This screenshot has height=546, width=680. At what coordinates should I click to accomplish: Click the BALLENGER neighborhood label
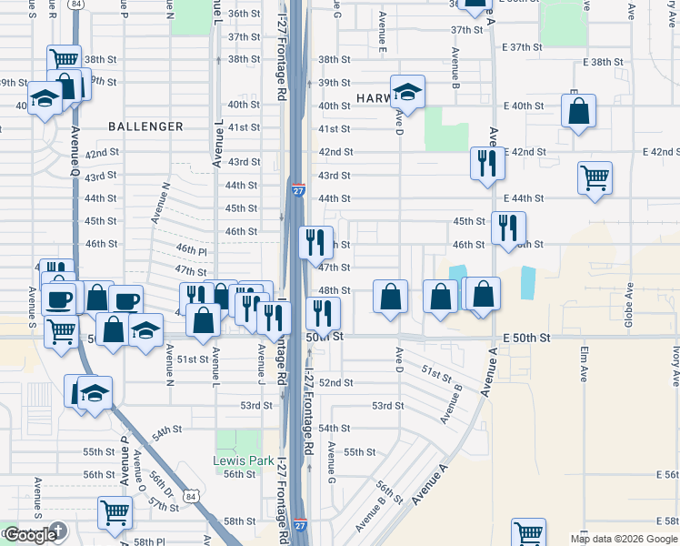(145, 126)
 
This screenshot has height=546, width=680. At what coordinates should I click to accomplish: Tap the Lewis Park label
(244, 460)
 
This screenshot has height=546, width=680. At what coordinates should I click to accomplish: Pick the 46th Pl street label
(192, 249)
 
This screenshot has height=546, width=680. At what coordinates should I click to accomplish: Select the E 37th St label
(522, 46)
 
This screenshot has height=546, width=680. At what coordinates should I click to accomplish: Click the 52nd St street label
(335, 383)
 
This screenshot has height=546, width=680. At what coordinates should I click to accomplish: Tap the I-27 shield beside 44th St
(298, 189)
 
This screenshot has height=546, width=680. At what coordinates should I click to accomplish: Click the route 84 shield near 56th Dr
(189, 496)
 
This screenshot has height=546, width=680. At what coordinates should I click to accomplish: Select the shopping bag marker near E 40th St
(578, 112)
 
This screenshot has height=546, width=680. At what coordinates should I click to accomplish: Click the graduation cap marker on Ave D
(407, 92)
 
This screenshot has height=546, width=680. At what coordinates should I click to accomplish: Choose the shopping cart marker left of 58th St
(115, 513)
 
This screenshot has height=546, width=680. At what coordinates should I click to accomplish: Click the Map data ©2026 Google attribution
(624, 539)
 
